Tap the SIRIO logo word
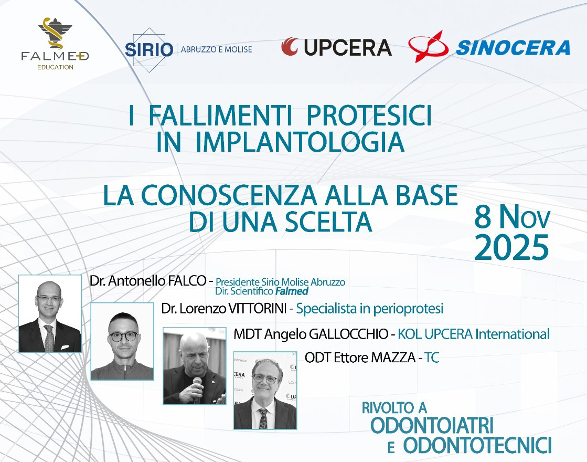149,49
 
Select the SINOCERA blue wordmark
513,48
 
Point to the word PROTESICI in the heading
369,115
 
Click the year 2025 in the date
511,247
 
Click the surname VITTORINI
257,309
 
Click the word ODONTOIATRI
432,425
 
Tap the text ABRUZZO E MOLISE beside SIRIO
216,49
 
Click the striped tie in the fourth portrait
263,418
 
